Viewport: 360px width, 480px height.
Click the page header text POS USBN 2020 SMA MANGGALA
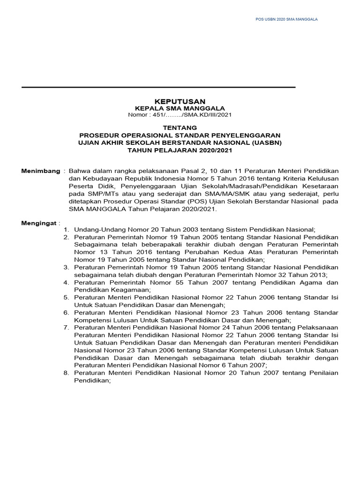(286, 19)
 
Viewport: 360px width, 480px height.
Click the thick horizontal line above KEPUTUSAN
(158, 87)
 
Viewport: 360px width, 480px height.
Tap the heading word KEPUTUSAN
(180, 101)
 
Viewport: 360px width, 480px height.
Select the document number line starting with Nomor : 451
(180, 115)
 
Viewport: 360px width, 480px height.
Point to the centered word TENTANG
(180, 127)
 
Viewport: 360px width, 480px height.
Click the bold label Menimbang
(41, 171)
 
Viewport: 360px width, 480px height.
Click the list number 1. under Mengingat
(67, 230)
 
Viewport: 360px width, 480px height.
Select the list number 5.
(67, 298)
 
